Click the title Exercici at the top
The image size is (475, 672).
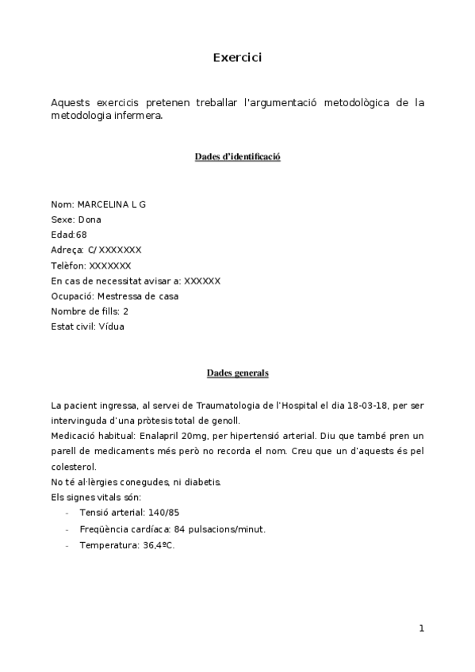(x=237, y=57)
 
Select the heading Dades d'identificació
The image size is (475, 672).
(x=237, y=157)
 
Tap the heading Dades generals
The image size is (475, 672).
(x=237, y=372)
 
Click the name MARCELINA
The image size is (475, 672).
(x=103, y=204)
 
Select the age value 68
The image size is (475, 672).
(x=82, y=235)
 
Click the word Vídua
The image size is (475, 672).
(x=112, y=326)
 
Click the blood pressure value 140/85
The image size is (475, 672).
(x=163, y=512)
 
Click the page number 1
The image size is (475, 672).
(x=422, y=629)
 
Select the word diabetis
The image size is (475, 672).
(x=190, y=482)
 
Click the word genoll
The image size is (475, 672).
(x=224, y=421)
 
